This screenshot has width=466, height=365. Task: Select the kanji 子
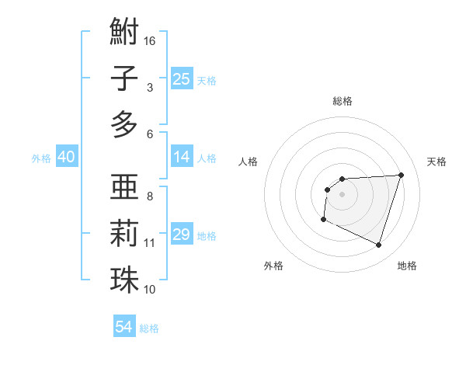pyautogui.click(x=124, y=78)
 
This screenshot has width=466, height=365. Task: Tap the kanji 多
pyautogui.click(x=124, y=124)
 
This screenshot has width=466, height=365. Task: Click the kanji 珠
pyautogui.click(x=124, y=279)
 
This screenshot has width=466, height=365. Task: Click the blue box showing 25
pyautogui.click(x=182, y=78)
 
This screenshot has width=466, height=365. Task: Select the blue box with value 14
pyautogui.click(x=182, y=157)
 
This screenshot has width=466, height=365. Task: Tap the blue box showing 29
pyautogui.click(x=182, y=235)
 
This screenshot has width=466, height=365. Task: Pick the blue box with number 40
pyautogui.click(x=67, y=157)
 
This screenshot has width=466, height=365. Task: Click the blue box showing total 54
pyautogui.click(x=124, y=327)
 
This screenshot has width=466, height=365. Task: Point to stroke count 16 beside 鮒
pyautogui.click(x=150, y=40)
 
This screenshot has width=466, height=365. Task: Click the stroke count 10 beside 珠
pyautogui.click(x=150, y=289)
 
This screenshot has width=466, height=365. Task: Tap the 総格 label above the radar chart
pyautogui.click(x=343, y=101)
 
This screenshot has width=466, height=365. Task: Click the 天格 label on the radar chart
pyautogui.click(x=436, y=162)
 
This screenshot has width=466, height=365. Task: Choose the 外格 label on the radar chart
pyautogui.click(x=273, y=266)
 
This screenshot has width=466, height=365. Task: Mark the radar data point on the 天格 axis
pyautogui.click(x=401, y=175)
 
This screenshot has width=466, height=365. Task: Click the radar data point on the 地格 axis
pyautogui.click(x=379, y=245)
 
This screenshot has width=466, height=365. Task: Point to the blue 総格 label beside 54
pyautogui.click(x=149, y=328)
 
